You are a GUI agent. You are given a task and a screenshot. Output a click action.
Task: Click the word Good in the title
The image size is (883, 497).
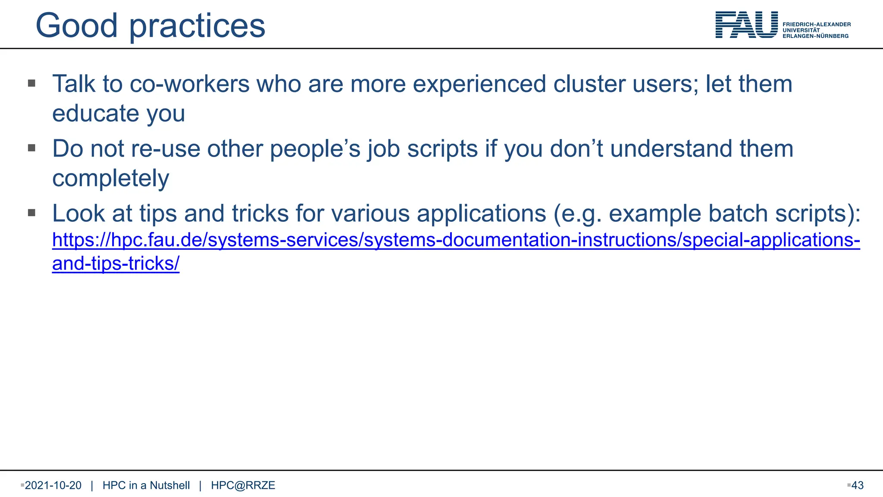coord(76,26)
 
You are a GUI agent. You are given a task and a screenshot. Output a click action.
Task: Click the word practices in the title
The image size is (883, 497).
coord(197,27)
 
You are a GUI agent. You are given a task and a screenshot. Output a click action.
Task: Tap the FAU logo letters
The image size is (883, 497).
coord(746,25)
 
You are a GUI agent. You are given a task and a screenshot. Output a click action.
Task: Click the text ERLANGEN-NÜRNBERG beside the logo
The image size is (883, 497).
coord(815,36)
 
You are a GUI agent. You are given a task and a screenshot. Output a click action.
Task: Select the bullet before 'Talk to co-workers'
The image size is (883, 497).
coord(31,83)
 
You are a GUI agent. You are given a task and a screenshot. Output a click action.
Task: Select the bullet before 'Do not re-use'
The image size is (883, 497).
coord(31,148)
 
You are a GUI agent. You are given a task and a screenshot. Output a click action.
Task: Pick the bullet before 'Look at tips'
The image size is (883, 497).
coord(31,213)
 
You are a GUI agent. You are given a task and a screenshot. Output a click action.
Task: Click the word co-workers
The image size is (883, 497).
coord(189,84)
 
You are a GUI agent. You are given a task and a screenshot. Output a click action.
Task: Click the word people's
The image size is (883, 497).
coord(315,149)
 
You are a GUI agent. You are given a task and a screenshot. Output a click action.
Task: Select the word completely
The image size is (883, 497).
coord(111,179)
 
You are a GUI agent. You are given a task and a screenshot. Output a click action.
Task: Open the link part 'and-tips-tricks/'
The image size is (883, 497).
coord(116,264)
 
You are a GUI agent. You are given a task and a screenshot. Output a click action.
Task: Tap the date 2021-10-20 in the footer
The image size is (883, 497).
coord(53,485)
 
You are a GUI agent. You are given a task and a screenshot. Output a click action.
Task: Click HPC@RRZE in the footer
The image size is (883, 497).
coord(243,485)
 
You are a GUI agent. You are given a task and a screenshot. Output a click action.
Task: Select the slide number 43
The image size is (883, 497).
coord(857,485)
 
